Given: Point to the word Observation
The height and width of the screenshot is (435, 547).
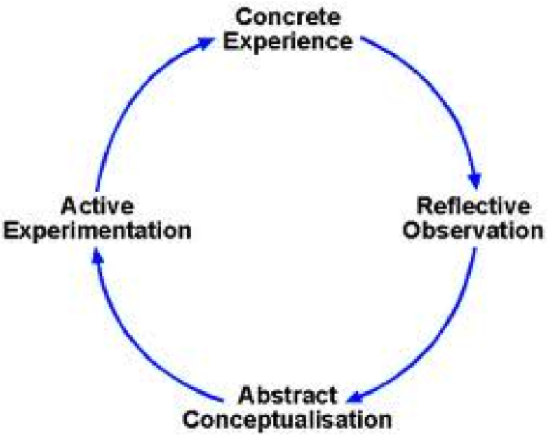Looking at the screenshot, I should coord(473,230).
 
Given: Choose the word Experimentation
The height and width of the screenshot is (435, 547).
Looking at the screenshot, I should coord(97,230).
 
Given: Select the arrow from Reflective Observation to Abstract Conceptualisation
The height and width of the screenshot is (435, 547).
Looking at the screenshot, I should coord(435,344).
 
